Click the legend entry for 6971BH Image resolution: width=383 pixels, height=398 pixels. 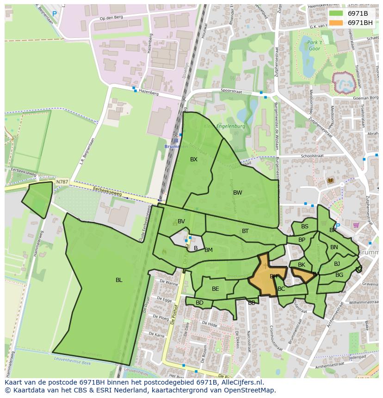tap(360, 23)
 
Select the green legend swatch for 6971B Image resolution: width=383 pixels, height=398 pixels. tap(336, 13)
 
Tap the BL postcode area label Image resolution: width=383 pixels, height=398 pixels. tap(119, 280)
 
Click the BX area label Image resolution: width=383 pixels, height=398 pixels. tap(194, 159)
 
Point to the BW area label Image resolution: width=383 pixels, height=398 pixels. tap(237, 193)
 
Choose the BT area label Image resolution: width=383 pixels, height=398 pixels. tap(245, 231)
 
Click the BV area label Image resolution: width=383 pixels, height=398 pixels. tap(181, 221)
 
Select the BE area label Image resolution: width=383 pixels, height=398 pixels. tap(215, 289)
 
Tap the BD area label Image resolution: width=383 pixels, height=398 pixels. tap(199, 303)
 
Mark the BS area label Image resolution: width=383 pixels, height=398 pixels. tap(304, 227)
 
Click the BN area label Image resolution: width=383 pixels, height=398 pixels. tap(334, 247)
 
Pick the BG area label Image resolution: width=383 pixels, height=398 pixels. tap(339, 275)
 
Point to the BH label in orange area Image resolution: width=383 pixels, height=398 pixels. tap(274, 276)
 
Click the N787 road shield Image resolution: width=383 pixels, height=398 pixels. tap(62, 182)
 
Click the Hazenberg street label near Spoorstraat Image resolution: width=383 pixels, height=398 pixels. tap(148, 93)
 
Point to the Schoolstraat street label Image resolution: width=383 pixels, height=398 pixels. tap(312, 156)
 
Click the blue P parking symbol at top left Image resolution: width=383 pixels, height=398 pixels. tap(55, 14)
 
